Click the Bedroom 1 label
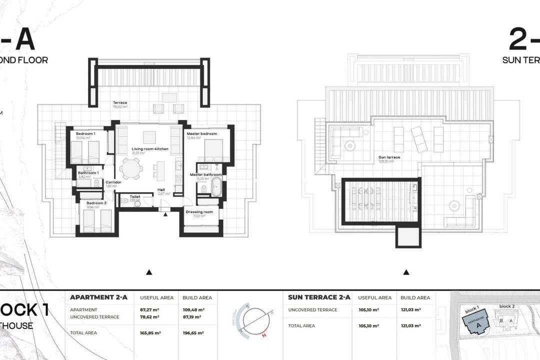(85, 134)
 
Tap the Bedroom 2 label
(96, 203)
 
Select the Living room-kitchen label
(150, 149)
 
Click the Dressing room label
(199, 212)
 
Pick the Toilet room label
(134, 197)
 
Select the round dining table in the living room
(131, 168)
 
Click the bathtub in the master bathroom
(216, 186)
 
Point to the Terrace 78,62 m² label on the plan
(119, 103)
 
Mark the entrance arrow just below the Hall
(165, 214)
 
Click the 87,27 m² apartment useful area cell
(149, 309)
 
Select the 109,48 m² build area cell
(193, 309)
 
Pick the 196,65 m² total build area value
(193, 332)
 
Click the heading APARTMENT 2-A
(98, 297)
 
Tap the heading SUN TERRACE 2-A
(318, 297)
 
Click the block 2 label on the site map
(507, 306)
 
